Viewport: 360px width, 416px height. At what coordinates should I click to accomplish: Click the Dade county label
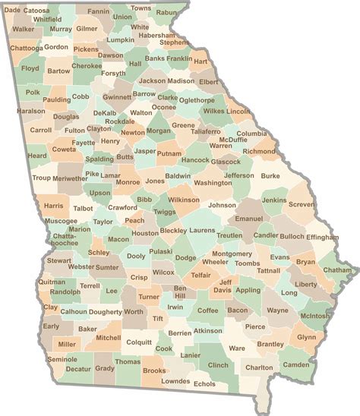point(13,11)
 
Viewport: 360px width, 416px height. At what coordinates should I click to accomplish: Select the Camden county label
point(295,364)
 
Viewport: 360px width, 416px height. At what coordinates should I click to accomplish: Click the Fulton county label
point(75,131)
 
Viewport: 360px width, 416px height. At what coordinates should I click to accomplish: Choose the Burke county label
point(270,175)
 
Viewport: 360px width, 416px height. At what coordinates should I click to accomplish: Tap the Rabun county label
point(166,12)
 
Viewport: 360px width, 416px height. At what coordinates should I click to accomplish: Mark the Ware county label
point(237,348)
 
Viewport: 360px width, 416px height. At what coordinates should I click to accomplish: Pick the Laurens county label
point(203,230)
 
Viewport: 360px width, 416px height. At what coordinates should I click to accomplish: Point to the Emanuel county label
point(248,219)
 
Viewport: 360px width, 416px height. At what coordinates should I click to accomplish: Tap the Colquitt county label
point(139,342)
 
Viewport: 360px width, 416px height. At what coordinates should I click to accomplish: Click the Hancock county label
point(196,160)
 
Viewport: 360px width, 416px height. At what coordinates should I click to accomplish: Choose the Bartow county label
point(58,71)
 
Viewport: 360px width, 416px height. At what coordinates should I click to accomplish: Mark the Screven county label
point(302,205)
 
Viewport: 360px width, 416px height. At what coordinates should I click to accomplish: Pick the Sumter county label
point(106,267)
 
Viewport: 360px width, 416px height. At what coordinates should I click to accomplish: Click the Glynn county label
point(306,337)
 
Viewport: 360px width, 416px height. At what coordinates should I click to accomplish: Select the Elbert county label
point(208,81)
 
